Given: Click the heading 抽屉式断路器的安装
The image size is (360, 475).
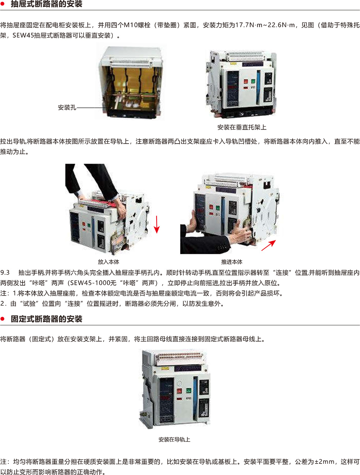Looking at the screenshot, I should [x=46, y=4].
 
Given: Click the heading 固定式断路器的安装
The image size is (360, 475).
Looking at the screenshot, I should [x=46, y=319].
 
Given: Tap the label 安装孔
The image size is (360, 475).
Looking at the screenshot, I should [x=67, y=108].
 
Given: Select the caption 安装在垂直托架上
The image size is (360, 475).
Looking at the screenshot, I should [x=242, y=127].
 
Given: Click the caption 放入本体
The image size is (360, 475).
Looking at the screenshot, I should [x=108, y=262].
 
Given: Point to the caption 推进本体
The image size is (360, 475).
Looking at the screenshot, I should [x=232, y=262].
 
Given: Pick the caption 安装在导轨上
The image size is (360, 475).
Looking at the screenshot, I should [x=174, y=439].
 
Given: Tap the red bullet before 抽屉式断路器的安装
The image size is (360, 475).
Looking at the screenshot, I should [x=3, y=4].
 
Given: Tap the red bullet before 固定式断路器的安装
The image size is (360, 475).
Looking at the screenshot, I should [x=3, y=319].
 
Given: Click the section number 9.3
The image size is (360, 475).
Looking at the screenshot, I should [x=5, y=273].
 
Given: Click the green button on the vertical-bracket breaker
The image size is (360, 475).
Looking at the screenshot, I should [x=253, y=82].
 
